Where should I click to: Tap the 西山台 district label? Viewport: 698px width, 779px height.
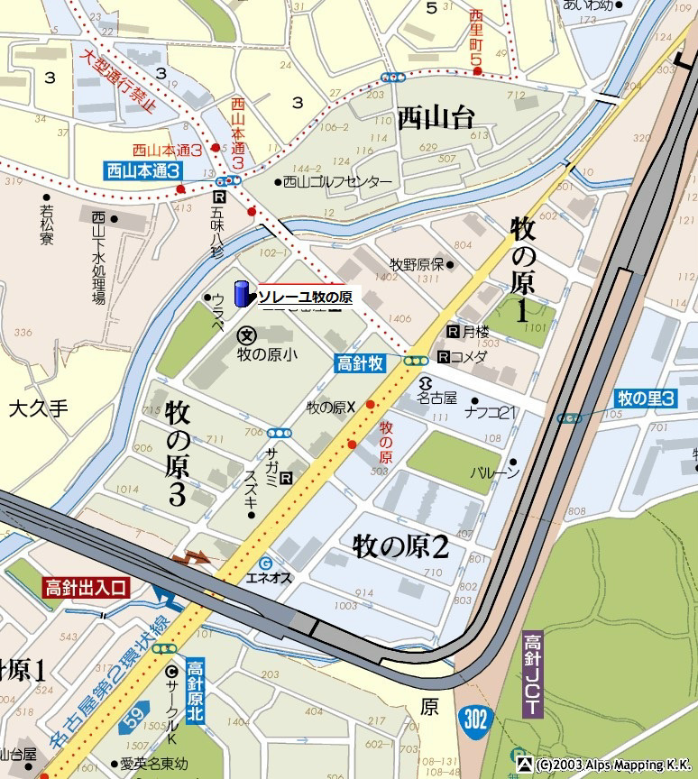436,118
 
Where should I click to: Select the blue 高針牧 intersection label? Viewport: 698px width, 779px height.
361,362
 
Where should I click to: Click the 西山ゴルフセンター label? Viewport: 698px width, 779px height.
337,182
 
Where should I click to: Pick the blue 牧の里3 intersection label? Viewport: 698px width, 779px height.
646,398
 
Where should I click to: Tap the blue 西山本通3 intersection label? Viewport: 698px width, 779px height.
142,170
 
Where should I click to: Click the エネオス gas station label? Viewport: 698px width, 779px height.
269,578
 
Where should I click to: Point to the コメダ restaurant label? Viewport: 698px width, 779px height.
468,355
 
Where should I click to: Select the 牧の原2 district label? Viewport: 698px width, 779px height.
401,545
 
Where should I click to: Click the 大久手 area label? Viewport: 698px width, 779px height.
38,408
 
